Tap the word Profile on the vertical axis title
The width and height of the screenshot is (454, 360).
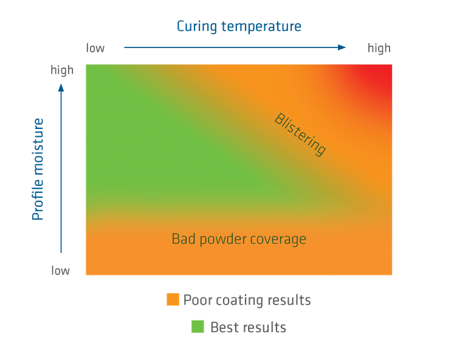click(x=38, y=196)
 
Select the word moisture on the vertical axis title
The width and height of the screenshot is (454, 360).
click(x=38, y=144)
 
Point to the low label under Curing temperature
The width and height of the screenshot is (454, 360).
click(x=95, y=48)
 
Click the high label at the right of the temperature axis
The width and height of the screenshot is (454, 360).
click(x=379, y=48)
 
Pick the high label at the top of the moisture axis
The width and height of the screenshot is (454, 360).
click(x=62, y=71)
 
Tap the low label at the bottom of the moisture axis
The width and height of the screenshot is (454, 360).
click(x=60, y=271)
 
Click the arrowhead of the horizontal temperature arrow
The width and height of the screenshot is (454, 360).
click(x=343, y=47)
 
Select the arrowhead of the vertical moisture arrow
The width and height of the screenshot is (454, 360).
click(x=61, y=87)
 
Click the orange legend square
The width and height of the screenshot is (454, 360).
click(x=173, y=300)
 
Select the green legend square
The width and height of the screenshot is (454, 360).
click(x=198, y=327)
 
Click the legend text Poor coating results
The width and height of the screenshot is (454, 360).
click(x=247, y=300)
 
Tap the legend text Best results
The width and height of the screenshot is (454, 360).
click(x=248, y=327)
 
